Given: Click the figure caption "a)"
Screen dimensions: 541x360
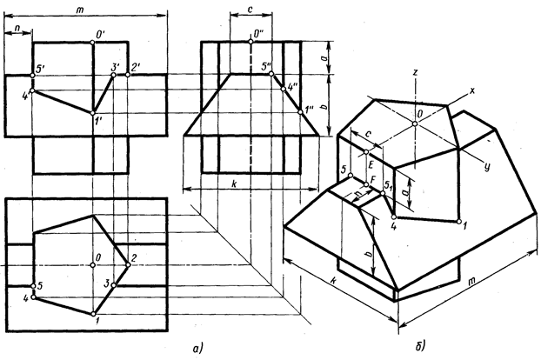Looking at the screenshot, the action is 199,349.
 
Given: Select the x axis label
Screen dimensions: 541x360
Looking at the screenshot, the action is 472,91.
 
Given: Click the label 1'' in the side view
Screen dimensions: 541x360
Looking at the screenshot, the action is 306,110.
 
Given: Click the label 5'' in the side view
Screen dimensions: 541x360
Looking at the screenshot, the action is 267,65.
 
